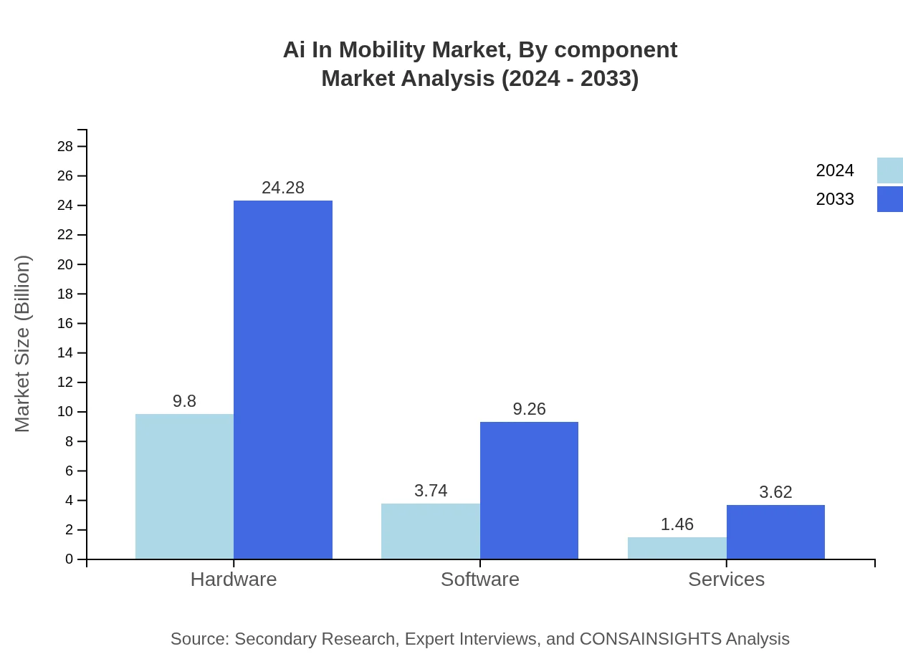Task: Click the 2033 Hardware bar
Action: pyautogui.click(x=283, y=380)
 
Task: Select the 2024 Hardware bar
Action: pyautogui.click(x=184, y=486)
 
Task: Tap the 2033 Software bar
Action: pyautogui.click(x=529, y=491)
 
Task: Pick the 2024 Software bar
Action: pyautogui.click(x=430, y=531)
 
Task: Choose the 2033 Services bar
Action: pyautogui.click(x=775, y=532)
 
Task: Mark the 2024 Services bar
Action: pyautogui.click(x=677, y=548)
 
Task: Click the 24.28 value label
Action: pyautogui.click(x=283, y=188)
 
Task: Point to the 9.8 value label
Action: pyautogui.click(x=184, y=401)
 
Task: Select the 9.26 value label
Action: pyautogui.click(x=529, y=409)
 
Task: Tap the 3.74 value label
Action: pyautogui.click(x=431, y=491)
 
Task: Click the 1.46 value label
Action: pyautogui.click(x=677, y=524)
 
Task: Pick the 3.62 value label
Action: pyautogui.click(x=775, y=492)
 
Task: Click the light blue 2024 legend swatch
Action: pyautogui.click(x=889, y=170)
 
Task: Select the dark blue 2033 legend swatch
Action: pyautogui.click(x=889, y=199)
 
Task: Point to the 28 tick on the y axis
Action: pyautogui.click(x=65, y=147)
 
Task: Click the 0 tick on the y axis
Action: pyautogui.click(x=70, y=559)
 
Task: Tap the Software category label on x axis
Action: pyautogui.click(x=479, y=579)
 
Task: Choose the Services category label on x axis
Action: pyautogui.click(x=726, y=579)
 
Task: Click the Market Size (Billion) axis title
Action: pyautogui.click(x=22, y=344)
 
